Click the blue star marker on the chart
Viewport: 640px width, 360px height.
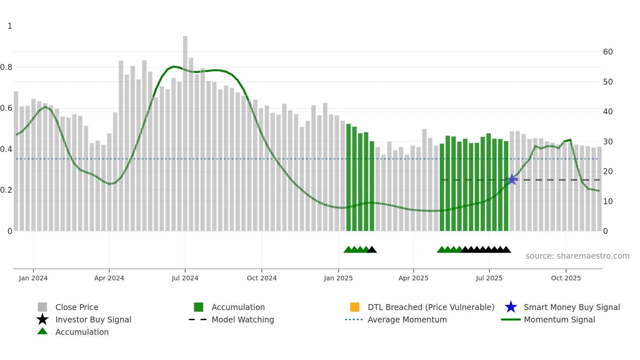click(x=512, y=179)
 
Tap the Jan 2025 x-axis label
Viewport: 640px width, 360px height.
click(x=338, y=278)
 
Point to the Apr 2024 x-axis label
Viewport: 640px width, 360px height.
click(x=109, y=278)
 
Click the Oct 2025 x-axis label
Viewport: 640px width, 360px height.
click(x=566, y=278)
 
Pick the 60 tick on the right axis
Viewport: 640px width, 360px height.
click(x=608, y=52)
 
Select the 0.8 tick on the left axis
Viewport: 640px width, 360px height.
click(x=6, y=67)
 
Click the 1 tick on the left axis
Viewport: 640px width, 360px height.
click(x=10, y=26)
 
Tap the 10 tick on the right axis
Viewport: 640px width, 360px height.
click(x=608, y=202)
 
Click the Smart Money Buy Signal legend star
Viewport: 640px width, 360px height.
click(x=511, y=307)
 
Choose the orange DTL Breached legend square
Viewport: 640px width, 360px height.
click(x=355, y=307)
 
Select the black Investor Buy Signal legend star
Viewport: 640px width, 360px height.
click(x=42, y=319)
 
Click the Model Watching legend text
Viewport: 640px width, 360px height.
click(x=243, y=319)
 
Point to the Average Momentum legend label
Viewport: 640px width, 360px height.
click(x=407, y=319)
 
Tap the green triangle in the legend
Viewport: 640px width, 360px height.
click(x=42, y=332)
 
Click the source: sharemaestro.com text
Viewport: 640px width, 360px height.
click(x=577, y=256)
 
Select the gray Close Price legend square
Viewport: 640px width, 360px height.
click(x=42, y=307)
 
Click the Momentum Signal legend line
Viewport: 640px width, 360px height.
click(x=511, y=319)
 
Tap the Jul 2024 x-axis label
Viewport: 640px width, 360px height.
click(x=185, y=278)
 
